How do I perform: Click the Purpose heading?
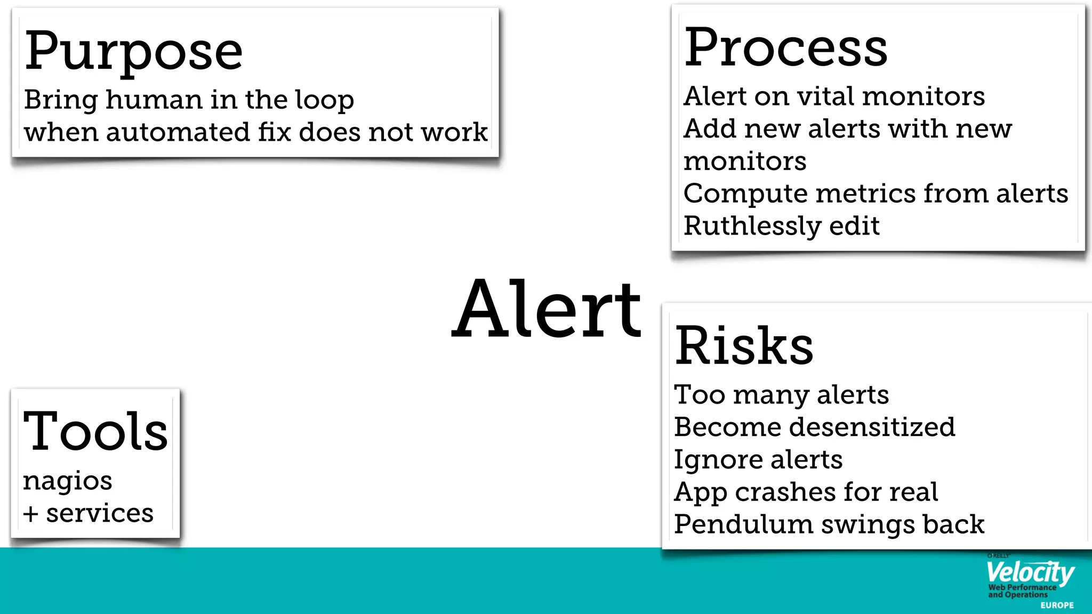[133, 52]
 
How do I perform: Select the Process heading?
[785, 49]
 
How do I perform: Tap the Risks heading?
[744, 346]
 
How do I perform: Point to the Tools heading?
[95, 431]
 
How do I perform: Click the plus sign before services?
[31, 514]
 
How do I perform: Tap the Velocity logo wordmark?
[1030, 572]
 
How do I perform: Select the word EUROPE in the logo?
[1057, 605]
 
